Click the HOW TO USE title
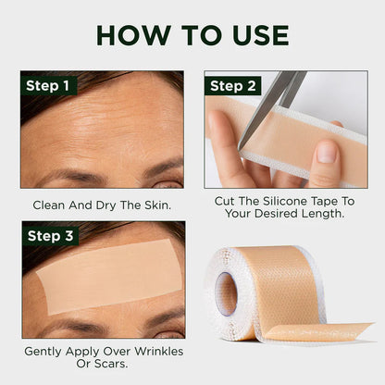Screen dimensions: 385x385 click(x=192, y=34)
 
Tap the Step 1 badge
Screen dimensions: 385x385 click(x=47, y=86)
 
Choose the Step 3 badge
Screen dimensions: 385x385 click(x=47, y=235)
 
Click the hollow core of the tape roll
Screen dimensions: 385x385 click(x=227, y=293)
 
